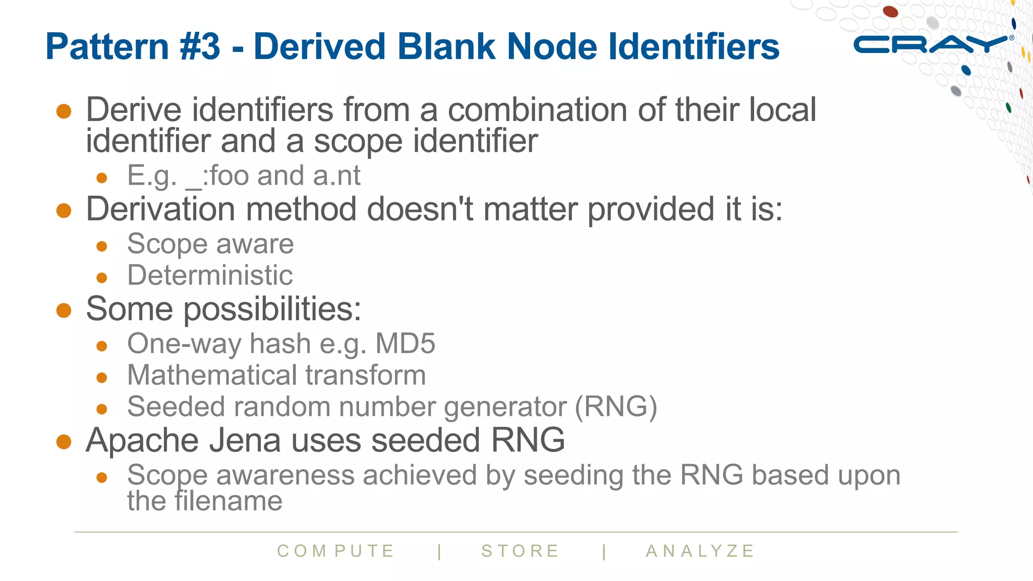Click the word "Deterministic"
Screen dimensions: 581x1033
coord(210,275)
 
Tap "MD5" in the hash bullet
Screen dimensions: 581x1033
coord(405,344)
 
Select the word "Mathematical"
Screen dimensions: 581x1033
coord(212,375)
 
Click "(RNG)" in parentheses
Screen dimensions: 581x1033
coord(616,406)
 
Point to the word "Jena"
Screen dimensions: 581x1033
coord(245,440)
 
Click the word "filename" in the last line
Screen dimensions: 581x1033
coord(228,501)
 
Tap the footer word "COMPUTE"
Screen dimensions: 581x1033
coord(336,551)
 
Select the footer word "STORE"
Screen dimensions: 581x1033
coord(520,551)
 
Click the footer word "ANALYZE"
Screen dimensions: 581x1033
coord(700,551)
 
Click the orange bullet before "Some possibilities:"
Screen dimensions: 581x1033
coord(64,310)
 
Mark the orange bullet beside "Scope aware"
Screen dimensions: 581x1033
coord(102,246)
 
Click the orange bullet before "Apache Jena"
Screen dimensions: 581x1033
coord(64,442)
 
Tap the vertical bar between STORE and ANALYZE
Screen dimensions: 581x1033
coord(604,551)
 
